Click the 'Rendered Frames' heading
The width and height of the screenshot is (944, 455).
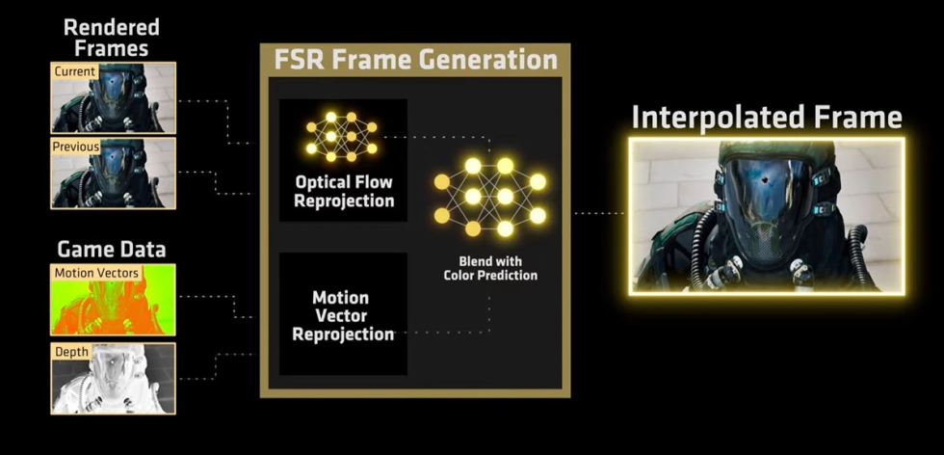pos(112,38)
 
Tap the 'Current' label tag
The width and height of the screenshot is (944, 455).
pos(74,71)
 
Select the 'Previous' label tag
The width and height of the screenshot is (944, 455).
pos(76,147)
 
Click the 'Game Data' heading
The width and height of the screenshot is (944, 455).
pos(112,250)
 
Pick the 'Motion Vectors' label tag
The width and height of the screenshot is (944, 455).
pos(96,273)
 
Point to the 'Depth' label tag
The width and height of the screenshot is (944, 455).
pos(71,352)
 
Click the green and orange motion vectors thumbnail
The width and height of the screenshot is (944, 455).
pos(114,300)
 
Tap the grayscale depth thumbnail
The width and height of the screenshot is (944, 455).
pos(114,379)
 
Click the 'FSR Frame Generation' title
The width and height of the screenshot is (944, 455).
pos(415,60)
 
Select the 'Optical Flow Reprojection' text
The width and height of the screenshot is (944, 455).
pos(344,191)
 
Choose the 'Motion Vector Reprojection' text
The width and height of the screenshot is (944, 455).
pos(343,316)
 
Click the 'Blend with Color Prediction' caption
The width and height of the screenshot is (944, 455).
pos(490,268)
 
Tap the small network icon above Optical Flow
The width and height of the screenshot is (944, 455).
pos(341,137)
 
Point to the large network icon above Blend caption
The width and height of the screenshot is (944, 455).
pos(489,197)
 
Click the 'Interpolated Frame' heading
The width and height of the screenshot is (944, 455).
pos(767,118)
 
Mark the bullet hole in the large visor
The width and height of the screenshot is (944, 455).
pos(766,180)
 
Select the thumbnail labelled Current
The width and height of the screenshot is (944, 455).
pos(114,97)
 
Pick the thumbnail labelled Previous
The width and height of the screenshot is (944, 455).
pos(114,174)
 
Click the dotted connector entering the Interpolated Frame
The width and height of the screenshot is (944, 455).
pos(599,213)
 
